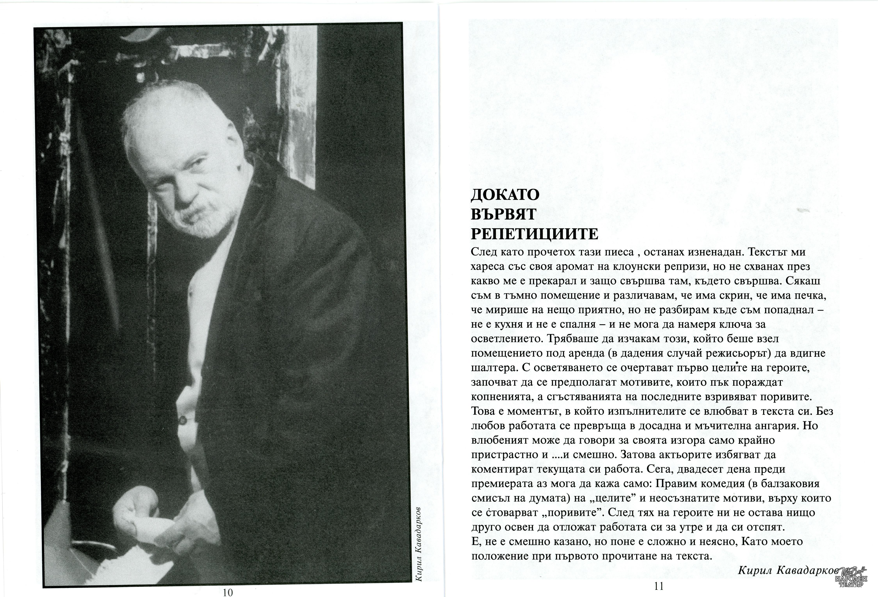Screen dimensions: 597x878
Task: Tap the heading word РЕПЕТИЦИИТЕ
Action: (x=535, y=234)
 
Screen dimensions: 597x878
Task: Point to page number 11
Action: (x=659, y=586)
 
